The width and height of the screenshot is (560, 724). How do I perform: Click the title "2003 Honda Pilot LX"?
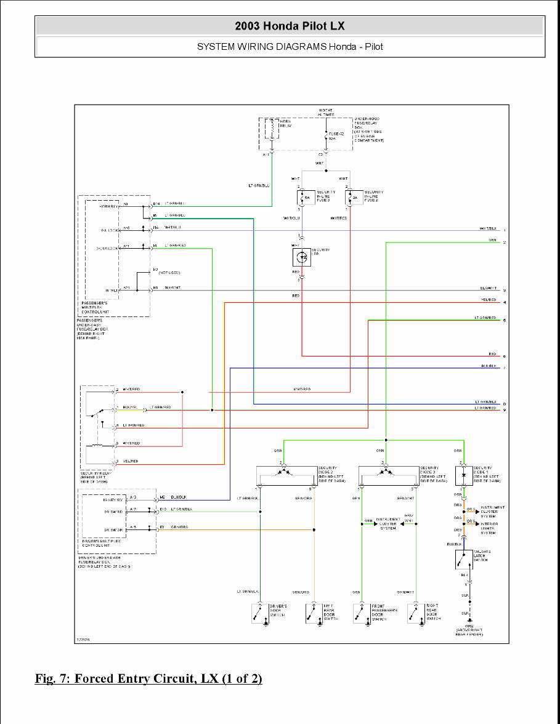coord(290,26)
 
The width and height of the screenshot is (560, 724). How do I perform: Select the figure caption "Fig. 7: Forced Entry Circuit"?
coord(148,678)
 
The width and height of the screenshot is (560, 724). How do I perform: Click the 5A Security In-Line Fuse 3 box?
coord(302,198)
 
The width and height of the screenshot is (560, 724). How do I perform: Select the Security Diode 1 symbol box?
coord(463,475)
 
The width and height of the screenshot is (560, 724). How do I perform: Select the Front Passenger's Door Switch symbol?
coord(362,614)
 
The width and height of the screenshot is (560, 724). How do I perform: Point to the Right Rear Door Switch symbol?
coord(416,614)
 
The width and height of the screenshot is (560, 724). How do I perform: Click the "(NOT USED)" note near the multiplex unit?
coord(169,272)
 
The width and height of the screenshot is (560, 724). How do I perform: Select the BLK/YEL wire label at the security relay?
coord(129,407)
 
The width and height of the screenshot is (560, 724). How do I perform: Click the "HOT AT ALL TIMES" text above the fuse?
coord(326,111)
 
